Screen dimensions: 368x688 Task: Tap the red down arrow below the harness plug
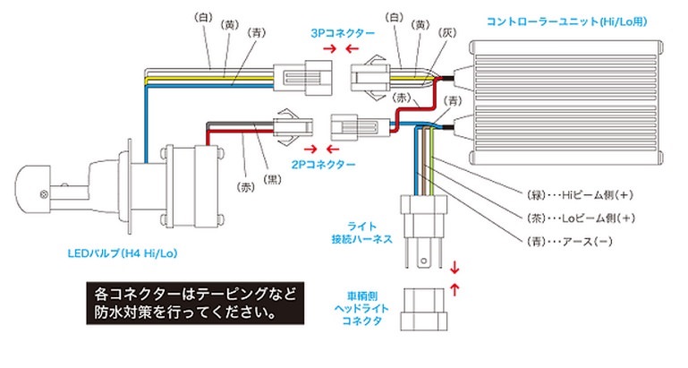point(455,267)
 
